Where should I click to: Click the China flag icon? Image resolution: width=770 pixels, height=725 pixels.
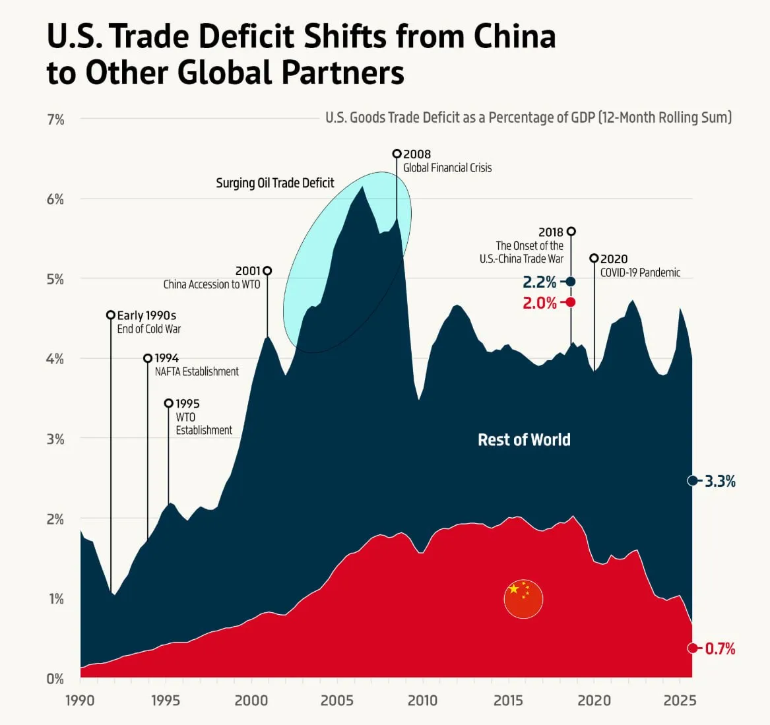tap(523, 600)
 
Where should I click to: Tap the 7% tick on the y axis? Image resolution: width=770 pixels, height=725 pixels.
tap(55, 119)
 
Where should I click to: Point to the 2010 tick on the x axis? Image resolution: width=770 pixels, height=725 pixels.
tap(422, 700)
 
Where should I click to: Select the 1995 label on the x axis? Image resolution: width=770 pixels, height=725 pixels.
tap(165, 700)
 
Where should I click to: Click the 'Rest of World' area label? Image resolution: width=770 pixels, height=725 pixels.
tap(524, 440)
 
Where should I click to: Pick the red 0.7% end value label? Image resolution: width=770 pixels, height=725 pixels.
tap(720, 648)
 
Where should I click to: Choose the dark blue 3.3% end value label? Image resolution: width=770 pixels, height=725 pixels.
tap(720, 481)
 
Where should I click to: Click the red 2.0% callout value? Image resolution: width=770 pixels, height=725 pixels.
tap(540, 303)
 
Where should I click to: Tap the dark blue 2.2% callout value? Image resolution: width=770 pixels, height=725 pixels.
tap(540, 282)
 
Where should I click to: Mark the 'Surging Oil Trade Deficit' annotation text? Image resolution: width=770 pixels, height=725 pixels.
tap(275, 183)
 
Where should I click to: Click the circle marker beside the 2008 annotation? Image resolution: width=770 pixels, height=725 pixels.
tap(397, 154)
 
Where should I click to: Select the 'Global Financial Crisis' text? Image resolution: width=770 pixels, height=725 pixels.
tap(447, 168)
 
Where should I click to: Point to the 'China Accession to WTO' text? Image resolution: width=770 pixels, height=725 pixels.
tap(212, 284)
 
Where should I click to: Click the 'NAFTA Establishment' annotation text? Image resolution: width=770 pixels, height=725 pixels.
tap(197, 371)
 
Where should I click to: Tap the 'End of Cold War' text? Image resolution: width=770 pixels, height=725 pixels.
tap(149, 329)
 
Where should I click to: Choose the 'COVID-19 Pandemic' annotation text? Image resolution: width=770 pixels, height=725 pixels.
tap(640, 272)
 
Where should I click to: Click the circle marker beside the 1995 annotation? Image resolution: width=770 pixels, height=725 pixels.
tap(168, 403)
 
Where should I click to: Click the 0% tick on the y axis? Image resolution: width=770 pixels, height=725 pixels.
tap(55, 678)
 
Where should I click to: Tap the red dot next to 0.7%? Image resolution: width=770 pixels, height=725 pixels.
tap(692, 648)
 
